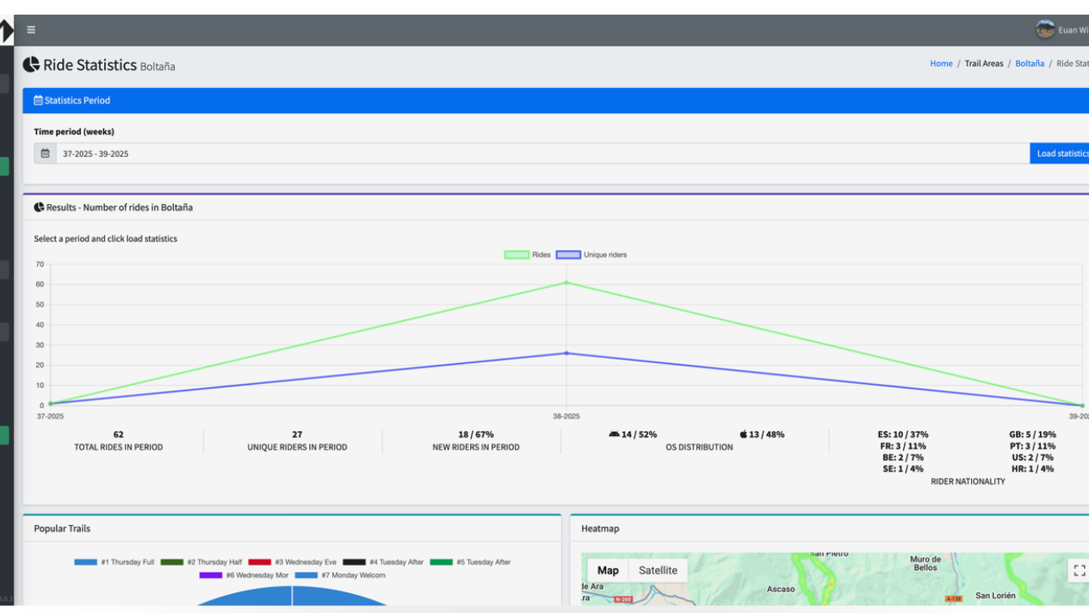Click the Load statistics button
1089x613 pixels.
[1061, 153]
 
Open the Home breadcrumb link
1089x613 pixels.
[941, 64]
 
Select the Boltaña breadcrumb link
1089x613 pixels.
[1029, 64]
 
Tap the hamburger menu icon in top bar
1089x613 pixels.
[31, 30]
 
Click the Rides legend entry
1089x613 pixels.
[528, 255]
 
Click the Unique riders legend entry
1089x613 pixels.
[592, 255]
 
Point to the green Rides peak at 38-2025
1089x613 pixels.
[566, 282]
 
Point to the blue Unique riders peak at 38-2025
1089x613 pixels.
[566, 353]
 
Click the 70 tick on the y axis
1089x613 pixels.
[40, 264]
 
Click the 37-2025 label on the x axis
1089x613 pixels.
[50, 417]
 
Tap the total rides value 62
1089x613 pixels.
[118, 435]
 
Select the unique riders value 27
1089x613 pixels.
[297, 435]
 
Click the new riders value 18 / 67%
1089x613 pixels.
[476, 435]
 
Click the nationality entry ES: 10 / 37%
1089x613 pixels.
[903, 435]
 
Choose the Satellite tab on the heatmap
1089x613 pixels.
[658, 570]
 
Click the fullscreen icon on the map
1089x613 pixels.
[1079, 570]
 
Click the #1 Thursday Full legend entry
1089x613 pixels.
[114, 562]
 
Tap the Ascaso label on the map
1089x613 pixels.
[781, 590]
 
